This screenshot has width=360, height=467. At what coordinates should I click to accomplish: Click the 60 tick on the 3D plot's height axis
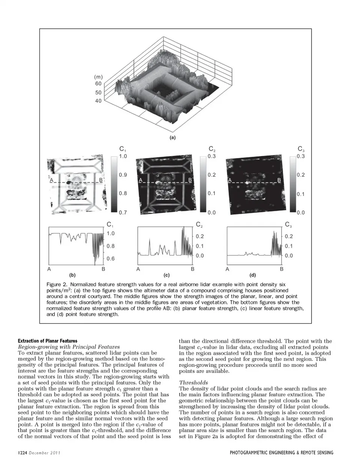point(98,84)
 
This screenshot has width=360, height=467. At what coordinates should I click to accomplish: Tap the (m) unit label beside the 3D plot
point(98,76)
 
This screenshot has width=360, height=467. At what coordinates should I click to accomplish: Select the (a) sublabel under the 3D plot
point(172,138)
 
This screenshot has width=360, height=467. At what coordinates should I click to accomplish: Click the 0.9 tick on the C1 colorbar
point(123,175)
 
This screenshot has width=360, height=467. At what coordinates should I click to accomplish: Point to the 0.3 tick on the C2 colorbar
point(212,156)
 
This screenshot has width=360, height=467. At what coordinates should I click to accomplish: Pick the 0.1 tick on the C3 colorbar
point(301,194)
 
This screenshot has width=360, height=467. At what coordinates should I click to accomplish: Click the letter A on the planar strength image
point(51,180)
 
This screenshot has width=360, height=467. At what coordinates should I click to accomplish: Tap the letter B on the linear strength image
point(190,180)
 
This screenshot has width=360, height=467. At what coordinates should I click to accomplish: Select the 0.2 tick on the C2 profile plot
point(200,236)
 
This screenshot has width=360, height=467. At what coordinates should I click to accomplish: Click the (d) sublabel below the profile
point(253,275)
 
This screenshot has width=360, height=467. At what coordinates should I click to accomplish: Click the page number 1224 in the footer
point(23,453)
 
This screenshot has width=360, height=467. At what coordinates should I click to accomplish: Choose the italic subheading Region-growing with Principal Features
point(69,347)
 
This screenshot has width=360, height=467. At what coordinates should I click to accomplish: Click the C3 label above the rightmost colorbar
point(301,149)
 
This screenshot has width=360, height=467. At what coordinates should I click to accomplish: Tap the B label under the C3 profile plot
point(282,269)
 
